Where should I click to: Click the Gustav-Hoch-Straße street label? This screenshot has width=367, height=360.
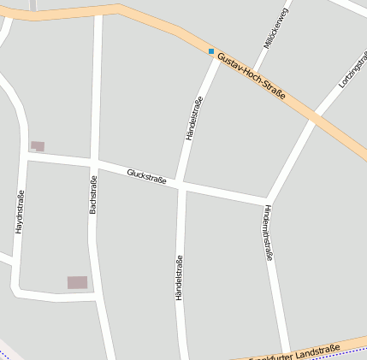tap(251, 76)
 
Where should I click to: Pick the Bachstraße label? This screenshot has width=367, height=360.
tap(93, 194)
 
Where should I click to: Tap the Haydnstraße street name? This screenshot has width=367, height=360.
tap(19, 212)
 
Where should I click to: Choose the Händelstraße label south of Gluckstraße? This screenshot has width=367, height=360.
tap(179, 277)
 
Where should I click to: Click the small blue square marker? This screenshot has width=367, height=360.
tap(211, 51)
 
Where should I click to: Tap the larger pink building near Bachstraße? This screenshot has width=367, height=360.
tap(77, 282)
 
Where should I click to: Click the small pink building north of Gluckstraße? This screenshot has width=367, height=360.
tap(38, 146)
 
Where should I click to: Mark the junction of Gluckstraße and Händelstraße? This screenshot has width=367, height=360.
tap(181, 184)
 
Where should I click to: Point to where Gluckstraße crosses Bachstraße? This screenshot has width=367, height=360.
tap(95, 162)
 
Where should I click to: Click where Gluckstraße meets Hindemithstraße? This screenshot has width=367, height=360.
tap(268, 202)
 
